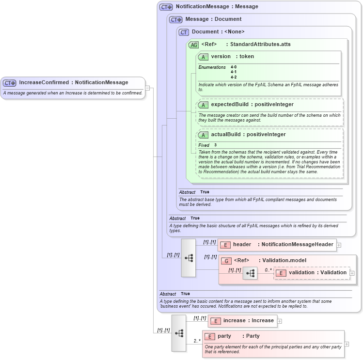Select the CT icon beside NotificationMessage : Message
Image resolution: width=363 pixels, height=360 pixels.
click(166, 7)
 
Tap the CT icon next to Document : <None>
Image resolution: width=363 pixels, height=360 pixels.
click(184, 32)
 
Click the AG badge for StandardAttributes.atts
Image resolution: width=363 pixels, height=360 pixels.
click(193, 45)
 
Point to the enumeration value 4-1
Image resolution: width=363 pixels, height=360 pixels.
click(234, 72)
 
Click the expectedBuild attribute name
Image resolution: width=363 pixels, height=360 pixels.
click(230, 104)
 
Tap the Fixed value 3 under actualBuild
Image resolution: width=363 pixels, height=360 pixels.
click(216, 145)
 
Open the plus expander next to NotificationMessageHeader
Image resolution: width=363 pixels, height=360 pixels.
click(339, 245)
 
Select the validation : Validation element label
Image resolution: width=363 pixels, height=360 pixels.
click(317, 273)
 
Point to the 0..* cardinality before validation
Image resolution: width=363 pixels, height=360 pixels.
click(268, 270)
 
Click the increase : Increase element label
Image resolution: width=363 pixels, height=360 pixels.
click(248, 320)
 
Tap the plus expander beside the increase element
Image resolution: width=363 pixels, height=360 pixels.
click(280, 321)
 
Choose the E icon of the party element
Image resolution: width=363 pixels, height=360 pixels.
click(209, 336)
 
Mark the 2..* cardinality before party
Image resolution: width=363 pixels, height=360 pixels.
click(197, 341)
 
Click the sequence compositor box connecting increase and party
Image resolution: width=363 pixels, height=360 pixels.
click(179, 333)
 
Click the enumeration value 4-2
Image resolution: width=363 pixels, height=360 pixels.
click(234, 77)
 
